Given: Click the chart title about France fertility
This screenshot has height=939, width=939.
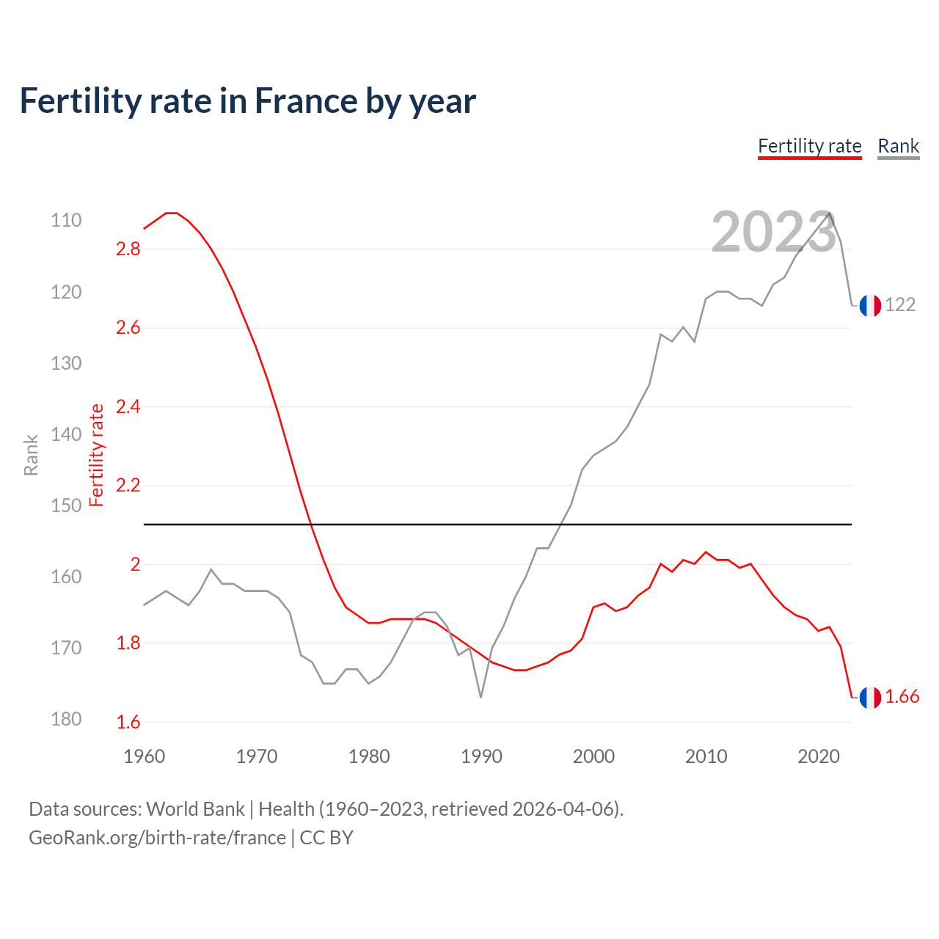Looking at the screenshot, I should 248,101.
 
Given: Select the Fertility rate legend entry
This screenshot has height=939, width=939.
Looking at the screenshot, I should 809,146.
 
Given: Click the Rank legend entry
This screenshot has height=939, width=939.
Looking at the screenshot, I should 898,146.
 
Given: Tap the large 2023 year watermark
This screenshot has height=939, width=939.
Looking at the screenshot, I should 773,232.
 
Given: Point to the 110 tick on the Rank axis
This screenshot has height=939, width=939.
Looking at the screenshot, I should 66,220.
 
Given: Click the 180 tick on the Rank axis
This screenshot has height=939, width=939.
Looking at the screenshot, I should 66,719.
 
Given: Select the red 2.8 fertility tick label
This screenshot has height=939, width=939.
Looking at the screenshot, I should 128,249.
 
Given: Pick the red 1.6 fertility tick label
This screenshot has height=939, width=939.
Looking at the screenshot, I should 128,722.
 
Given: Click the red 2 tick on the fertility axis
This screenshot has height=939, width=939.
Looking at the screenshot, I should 135,564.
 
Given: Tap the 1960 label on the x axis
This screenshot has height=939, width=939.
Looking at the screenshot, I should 145,756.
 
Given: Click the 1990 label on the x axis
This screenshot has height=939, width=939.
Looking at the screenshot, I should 481,756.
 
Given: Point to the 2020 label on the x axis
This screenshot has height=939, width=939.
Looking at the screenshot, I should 818,756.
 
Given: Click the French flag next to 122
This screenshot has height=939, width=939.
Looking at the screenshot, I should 870,305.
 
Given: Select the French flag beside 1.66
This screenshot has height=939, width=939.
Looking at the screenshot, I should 870,698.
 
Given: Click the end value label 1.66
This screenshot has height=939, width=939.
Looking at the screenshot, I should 902,697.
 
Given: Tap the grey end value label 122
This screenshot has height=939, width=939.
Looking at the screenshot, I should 900,304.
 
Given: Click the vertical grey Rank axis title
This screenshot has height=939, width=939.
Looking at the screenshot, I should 31,455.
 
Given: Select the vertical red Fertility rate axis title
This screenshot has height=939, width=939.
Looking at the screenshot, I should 96,455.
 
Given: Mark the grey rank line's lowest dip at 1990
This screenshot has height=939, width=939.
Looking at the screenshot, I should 481,696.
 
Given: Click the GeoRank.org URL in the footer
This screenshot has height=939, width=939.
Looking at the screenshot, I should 157,838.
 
